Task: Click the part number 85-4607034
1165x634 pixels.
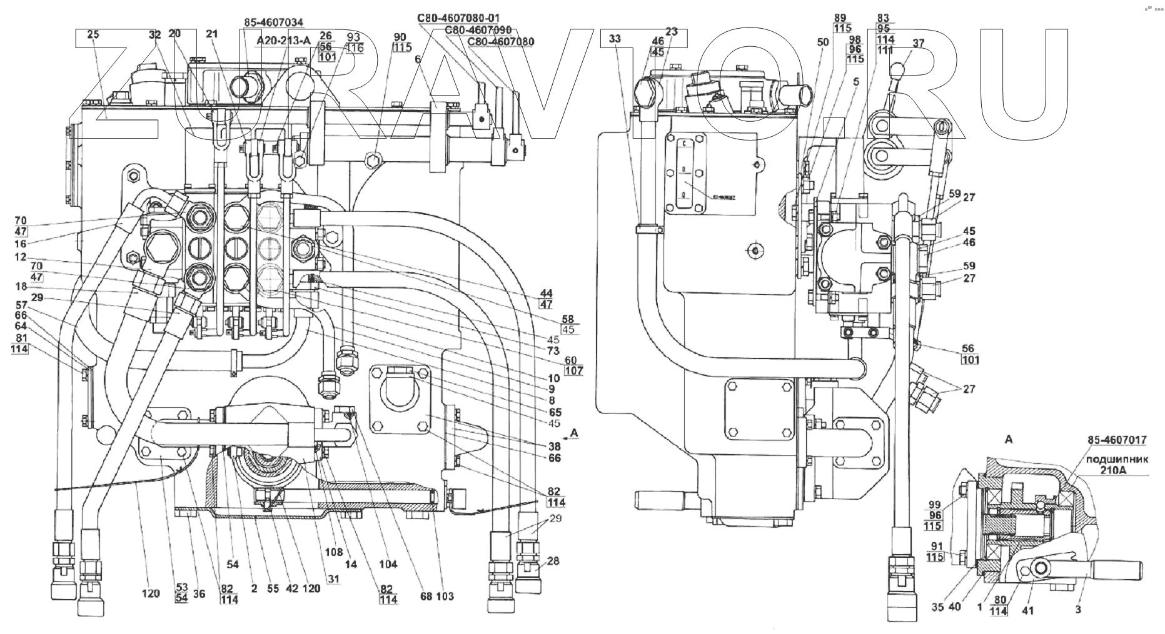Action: click(x=273, y=23)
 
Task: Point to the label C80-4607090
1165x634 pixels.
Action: click(x=478, y=30)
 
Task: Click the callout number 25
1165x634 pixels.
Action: click(x=93, y=35)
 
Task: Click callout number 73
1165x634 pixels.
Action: click(x=553, y=351)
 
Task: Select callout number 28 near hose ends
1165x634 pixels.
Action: click(x=552, y=561)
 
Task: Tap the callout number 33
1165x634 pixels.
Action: click(x=615, y=39)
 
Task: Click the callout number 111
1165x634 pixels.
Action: click(x=885, y=50)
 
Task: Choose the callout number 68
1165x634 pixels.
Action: click(x=426, y=597)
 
